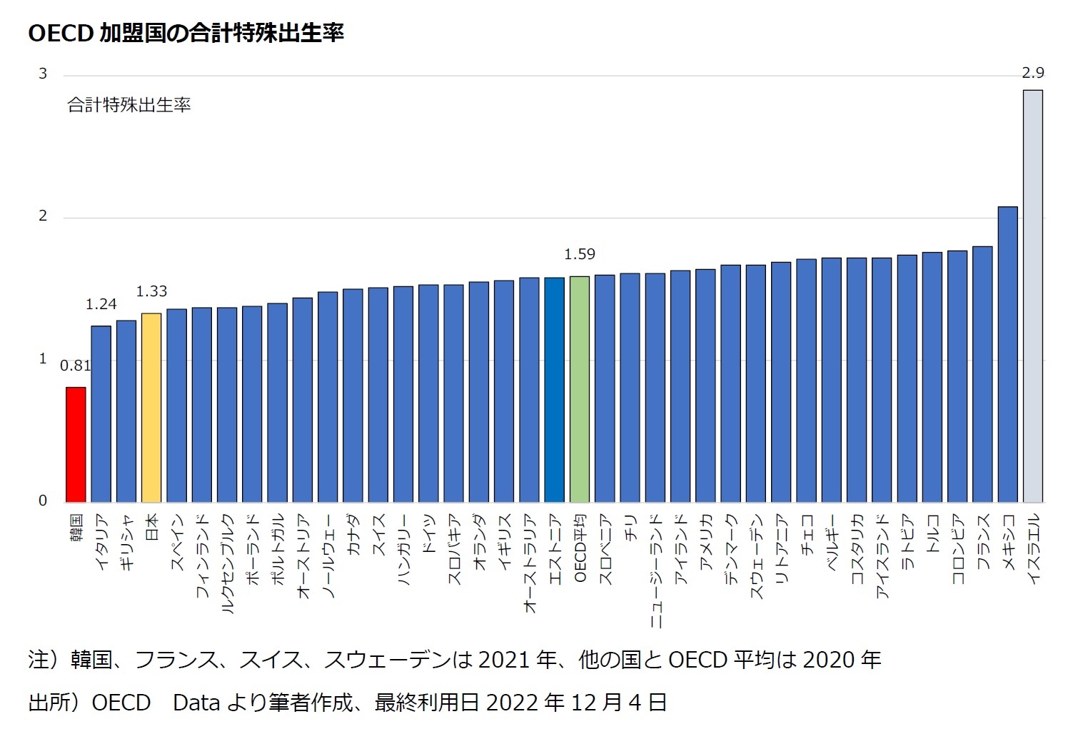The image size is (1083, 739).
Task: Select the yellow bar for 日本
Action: (x=151, y=407)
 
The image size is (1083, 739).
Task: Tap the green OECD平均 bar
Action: (x=580, y=389)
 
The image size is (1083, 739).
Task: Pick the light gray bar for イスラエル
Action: (x=1032, y=296)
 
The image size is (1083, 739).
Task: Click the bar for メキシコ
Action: (x=1007, y=354)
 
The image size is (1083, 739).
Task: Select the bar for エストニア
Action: (x=554, y=390)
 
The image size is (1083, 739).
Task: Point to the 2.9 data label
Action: (x=1032, y=73)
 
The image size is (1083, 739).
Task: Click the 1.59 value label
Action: (x=579, y=254)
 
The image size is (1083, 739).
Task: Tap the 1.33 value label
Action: (x=151, y=291)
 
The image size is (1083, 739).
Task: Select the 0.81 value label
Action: (x=75, y=366)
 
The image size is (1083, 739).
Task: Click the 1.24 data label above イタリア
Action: (x=101, y=304)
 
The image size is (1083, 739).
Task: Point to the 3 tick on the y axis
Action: (x=43, y=74)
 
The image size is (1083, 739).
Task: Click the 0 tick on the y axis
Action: (x=43, y=501)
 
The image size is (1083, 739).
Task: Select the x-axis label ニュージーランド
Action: (x=655, y=570)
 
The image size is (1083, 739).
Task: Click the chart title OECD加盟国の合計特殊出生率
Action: (x=186, y=33)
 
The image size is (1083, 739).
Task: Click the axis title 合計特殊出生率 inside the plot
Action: (x=129, y=106)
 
